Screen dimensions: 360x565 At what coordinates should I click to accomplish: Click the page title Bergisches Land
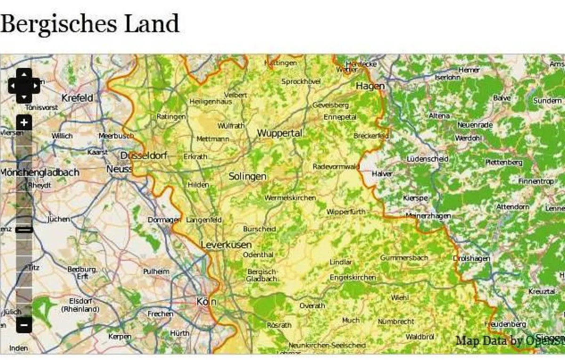pos(89,23)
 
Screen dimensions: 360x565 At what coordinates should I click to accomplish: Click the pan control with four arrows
pos(24,85)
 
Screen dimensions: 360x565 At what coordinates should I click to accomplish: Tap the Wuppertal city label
pos(279,133)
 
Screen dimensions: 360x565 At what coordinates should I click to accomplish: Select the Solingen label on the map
pos(247,176)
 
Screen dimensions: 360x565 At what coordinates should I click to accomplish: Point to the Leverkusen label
pos(226,245)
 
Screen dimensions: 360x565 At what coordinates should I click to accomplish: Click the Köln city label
pos(206,302)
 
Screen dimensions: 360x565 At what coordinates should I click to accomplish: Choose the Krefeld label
pos(77,98)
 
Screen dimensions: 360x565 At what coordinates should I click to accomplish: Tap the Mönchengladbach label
pos(40,172)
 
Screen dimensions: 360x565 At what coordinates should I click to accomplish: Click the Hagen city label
pos(370,86)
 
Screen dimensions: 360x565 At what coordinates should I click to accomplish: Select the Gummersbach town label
pos(404,258)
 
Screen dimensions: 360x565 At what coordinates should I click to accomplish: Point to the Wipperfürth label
pos(346,212)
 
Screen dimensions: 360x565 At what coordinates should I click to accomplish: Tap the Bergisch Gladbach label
pos(262,275)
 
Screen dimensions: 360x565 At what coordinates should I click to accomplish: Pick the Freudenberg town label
pos(505,324)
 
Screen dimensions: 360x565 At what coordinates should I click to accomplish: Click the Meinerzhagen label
pos(428,216)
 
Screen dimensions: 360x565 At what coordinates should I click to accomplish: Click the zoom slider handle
pos(24,229)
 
